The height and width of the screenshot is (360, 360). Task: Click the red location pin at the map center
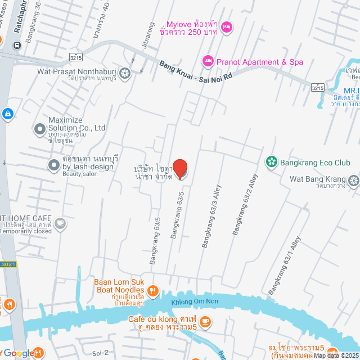pyautogui.click(x=179, y=169)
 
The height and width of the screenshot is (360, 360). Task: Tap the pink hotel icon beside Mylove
pyautogui.click(x=226, y=27)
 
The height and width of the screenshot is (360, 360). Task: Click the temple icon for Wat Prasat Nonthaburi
pyautogui.click(x=125, y=72)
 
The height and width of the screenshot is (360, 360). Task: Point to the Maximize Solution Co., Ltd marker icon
pyautogui.click(x=39, y=129)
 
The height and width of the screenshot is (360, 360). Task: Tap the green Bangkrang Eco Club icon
pyautogui.click(x=272, y=163)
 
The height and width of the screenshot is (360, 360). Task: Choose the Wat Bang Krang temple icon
pyautogui.click(x=353, y=180)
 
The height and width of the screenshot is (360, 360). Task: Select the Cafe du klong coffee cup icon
pyautogui.click(x=205, y=322)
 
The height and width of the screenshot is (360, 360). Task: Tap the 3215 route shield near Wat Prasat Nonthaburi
pyautogui.click(x=74, y=57)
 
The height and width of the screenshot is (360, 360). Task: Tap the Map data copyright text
pyautogui.click(x=336, y=355)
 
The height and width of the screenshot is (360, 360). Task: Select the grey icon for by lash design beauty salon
pyautogui.click(x=53, y=165)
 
